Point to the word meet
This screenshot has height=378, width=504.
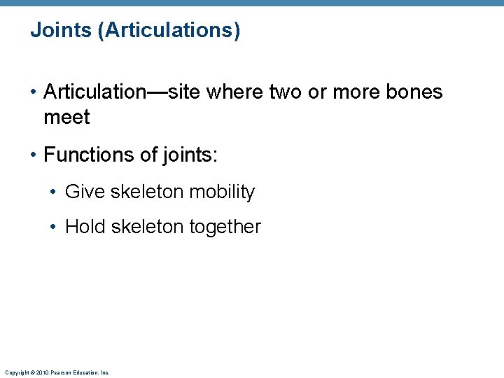click(66, 117)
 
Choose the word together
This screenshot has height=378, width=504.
click(225, 227)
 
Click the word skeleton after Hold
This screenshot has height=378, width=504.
click(148, 227)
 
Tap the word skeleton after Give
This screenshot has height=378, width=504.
click(147, 192)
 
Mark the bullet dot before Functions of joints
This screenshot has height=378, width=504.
click(34, 155)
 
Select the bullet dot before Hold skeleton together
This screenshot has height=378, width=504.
click(56, 227)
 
